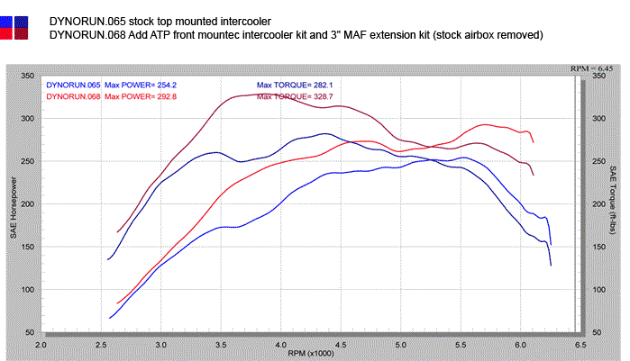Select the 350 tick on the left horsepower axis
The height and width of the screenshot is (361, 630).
click(26, 76)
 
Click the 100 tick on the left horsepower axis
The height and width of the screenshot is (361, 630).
click(26, 290)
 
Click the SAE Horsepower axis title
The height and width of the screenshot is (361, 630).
click(12, 204)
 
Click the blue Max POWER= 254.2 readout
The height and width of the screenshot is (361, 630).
click(139, 85)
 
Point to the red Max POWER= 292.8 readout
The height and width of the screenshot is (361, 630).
click(139, 95)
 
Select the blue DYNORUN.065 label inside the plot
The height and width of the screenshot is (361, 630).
click(73, 85)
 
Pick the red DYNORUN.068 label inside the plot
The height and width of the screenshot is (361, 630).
click(73, 95)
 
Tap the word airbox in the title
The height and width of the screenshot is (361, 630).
click(493, 35)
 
